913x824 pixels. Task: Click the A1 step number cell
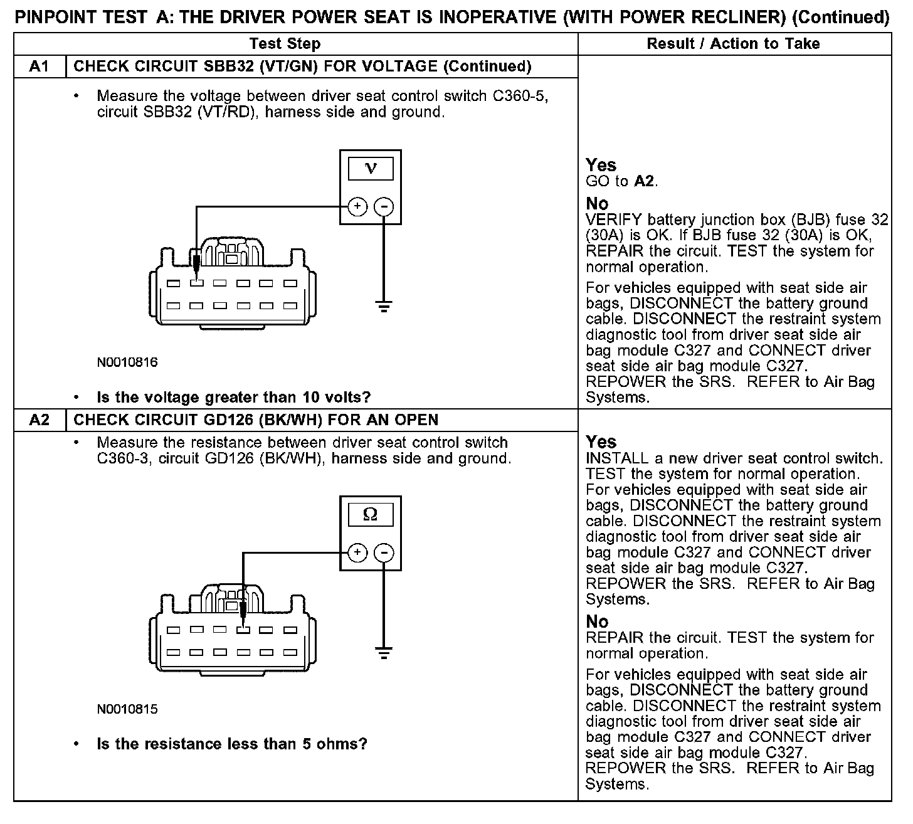click(40, 66)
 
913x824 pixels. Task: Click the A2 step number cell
click(40, 420)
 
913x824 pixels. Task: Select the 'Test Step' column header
click(285, 44)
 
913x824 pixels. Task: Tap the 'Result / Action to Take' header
click(733, 44)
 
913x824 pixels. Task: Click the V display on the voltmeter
click(371, 169)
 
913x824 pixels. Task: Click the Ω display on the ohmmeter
click(371, 515)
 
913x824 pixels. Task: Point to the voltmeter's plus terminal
click(357, 206)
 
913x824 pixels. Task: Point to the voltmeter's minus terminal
click(384, 206)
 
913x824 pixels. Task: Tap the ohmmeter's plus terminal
click(357, 552)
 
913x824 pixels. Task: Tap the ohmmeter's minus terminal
click(384, 552)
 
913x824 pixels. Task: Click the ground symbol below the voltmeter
click(384, 307)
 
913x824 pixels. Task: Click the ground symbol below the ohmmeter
click(384, 653)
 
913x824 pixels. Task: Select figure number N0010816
click(127, 362)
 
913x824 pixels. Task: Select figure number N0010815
click(127, 709)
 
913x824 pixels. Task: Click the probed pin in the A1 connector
click(197, 283)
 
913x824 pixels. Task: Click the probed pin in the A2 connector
click(243, 630)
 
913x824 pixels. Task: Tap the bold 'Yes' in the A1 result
click(601, 165)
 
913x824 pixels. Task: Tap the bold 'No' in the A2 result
click(597, 621)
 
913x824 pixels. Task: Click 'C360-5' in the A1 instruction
click(520, 96)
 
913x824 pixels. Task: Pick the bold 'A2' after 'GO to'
click(644, 182)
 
